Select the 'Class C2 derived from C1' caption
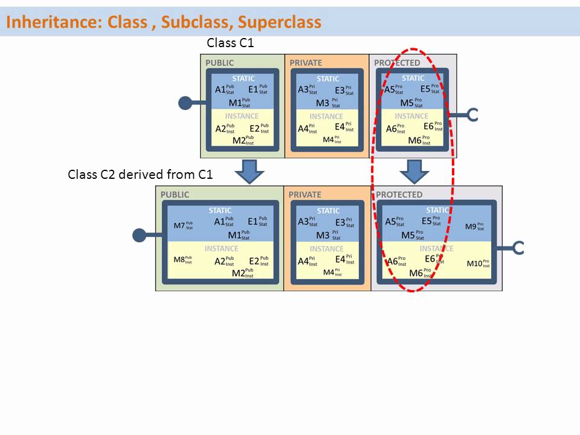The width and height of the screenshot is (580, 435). [x=140, y=175]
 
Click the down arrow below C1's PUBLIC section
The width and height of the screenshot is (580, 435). [x=249, y=172]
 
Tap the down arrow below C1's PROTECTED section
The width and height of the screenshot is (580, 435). [x=414, y=172]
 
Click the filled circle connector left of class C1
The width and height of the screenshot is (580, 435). [x=185, y=103]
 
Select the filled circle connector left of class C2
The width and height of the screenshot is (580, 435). [x=140, y=234]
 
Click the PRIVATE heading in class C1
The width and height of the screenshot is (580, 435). [x=306, y=63]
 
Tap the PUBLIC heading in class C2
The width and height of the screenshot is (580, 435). [x=175, y=195]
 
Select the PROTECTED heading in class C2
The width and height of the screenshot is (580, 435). [x=399, y=195]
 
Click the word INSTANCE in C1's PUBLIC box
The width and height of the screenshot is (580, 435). [x=242, y=116]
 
